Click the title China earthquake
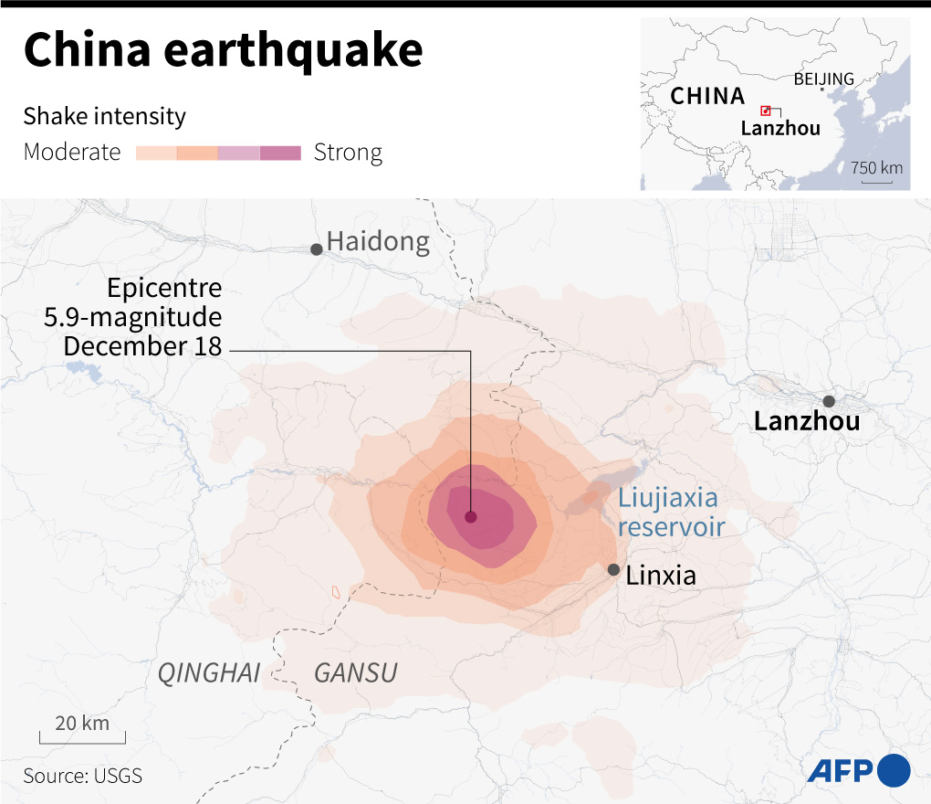[223, 50]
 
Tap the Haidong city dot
[317, 249]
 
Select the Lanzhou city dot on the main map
[829, 401]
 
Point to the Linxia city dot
[613, 569]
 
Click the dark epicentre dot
[471, 517]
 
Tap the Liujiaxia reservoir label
[671, 513]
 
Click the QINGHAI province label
[209, 674]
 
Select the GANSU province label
[355, 674]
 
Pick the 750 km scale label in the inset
[876, 168]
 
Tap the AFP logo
[858, 770]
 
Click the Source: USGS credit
[83, 776]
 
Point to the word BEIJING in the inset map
[823, 79]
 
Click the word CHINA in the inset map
[707, 96]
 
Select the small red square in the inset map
[766, 110]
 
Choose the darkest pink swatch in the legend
[280, 153]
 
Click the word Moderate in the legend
[72, 153]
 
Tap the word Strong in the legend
[348, 153]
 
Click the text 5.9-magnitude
[133, 318]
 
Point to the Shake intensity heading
[104, 117]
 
